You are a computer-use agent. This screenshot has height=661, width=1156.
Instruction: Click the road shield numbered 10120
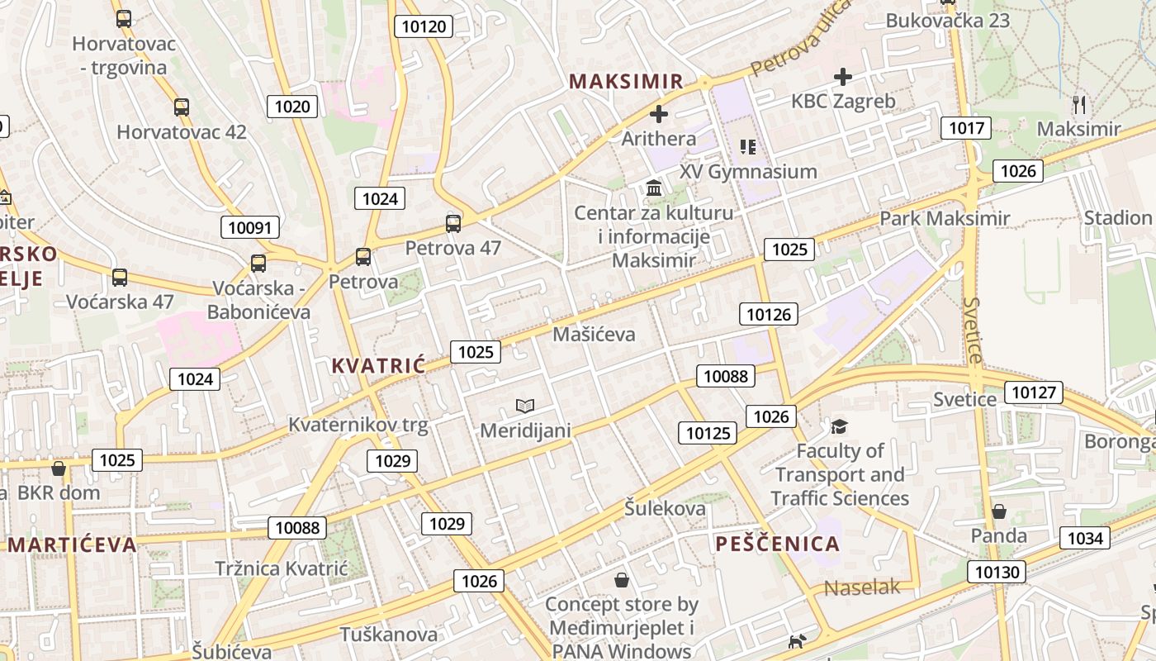(424, 26)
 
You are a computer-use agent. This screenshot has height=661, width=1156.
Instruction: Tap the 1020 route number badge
(292, 106)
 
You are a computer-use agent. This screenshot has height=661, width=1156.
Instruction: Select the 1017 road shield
(966, 127)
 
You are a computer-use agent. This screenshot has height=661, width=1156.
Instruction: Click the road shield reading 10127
(1034, 392)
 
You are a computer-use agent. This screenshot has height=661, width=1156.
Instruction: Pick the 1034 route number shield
(1085, 539)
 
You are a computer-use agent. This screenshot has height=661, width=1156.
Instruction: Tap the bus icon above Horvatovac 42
(181, 107)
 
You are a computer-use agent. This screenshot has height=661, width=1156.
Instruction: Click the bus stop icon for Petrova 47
(452, 223)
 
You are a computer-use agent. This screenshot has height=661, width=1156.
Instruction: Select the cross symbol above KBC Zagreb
(842, 77)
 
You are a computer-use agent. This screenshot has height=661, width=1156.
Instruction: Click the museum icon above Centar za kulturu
(655, 188)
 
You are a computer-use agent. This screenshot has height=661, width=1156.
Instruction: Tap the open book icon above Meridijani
(525, 406)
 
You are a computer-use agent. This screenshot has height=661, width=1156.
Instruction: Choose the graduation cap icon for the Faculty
(839, 426)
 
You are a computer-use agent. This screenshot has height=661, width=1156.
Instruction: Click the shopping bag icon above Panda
(999, 511)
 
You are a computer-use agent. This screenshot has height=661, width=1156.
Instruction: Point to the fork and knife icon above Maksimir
(1078, 104)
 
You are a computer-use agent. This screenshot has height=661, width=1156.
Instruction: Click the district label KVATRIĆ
(378, 365)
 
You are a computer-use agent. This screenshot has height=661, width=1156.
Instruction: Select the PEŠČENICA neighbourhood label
(777, 544)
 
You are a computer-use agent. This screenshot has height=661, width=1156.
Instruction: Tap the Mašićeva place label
(595, 334)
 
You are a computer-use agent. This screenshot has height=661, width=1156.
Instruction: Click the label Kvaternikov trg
(358, 425)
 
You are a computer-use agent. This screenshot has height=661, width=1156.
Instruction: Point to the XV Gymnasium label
(748, 172)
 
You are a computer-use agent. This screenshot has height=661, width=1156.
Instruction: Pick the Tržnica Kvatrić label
(282, 568)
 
